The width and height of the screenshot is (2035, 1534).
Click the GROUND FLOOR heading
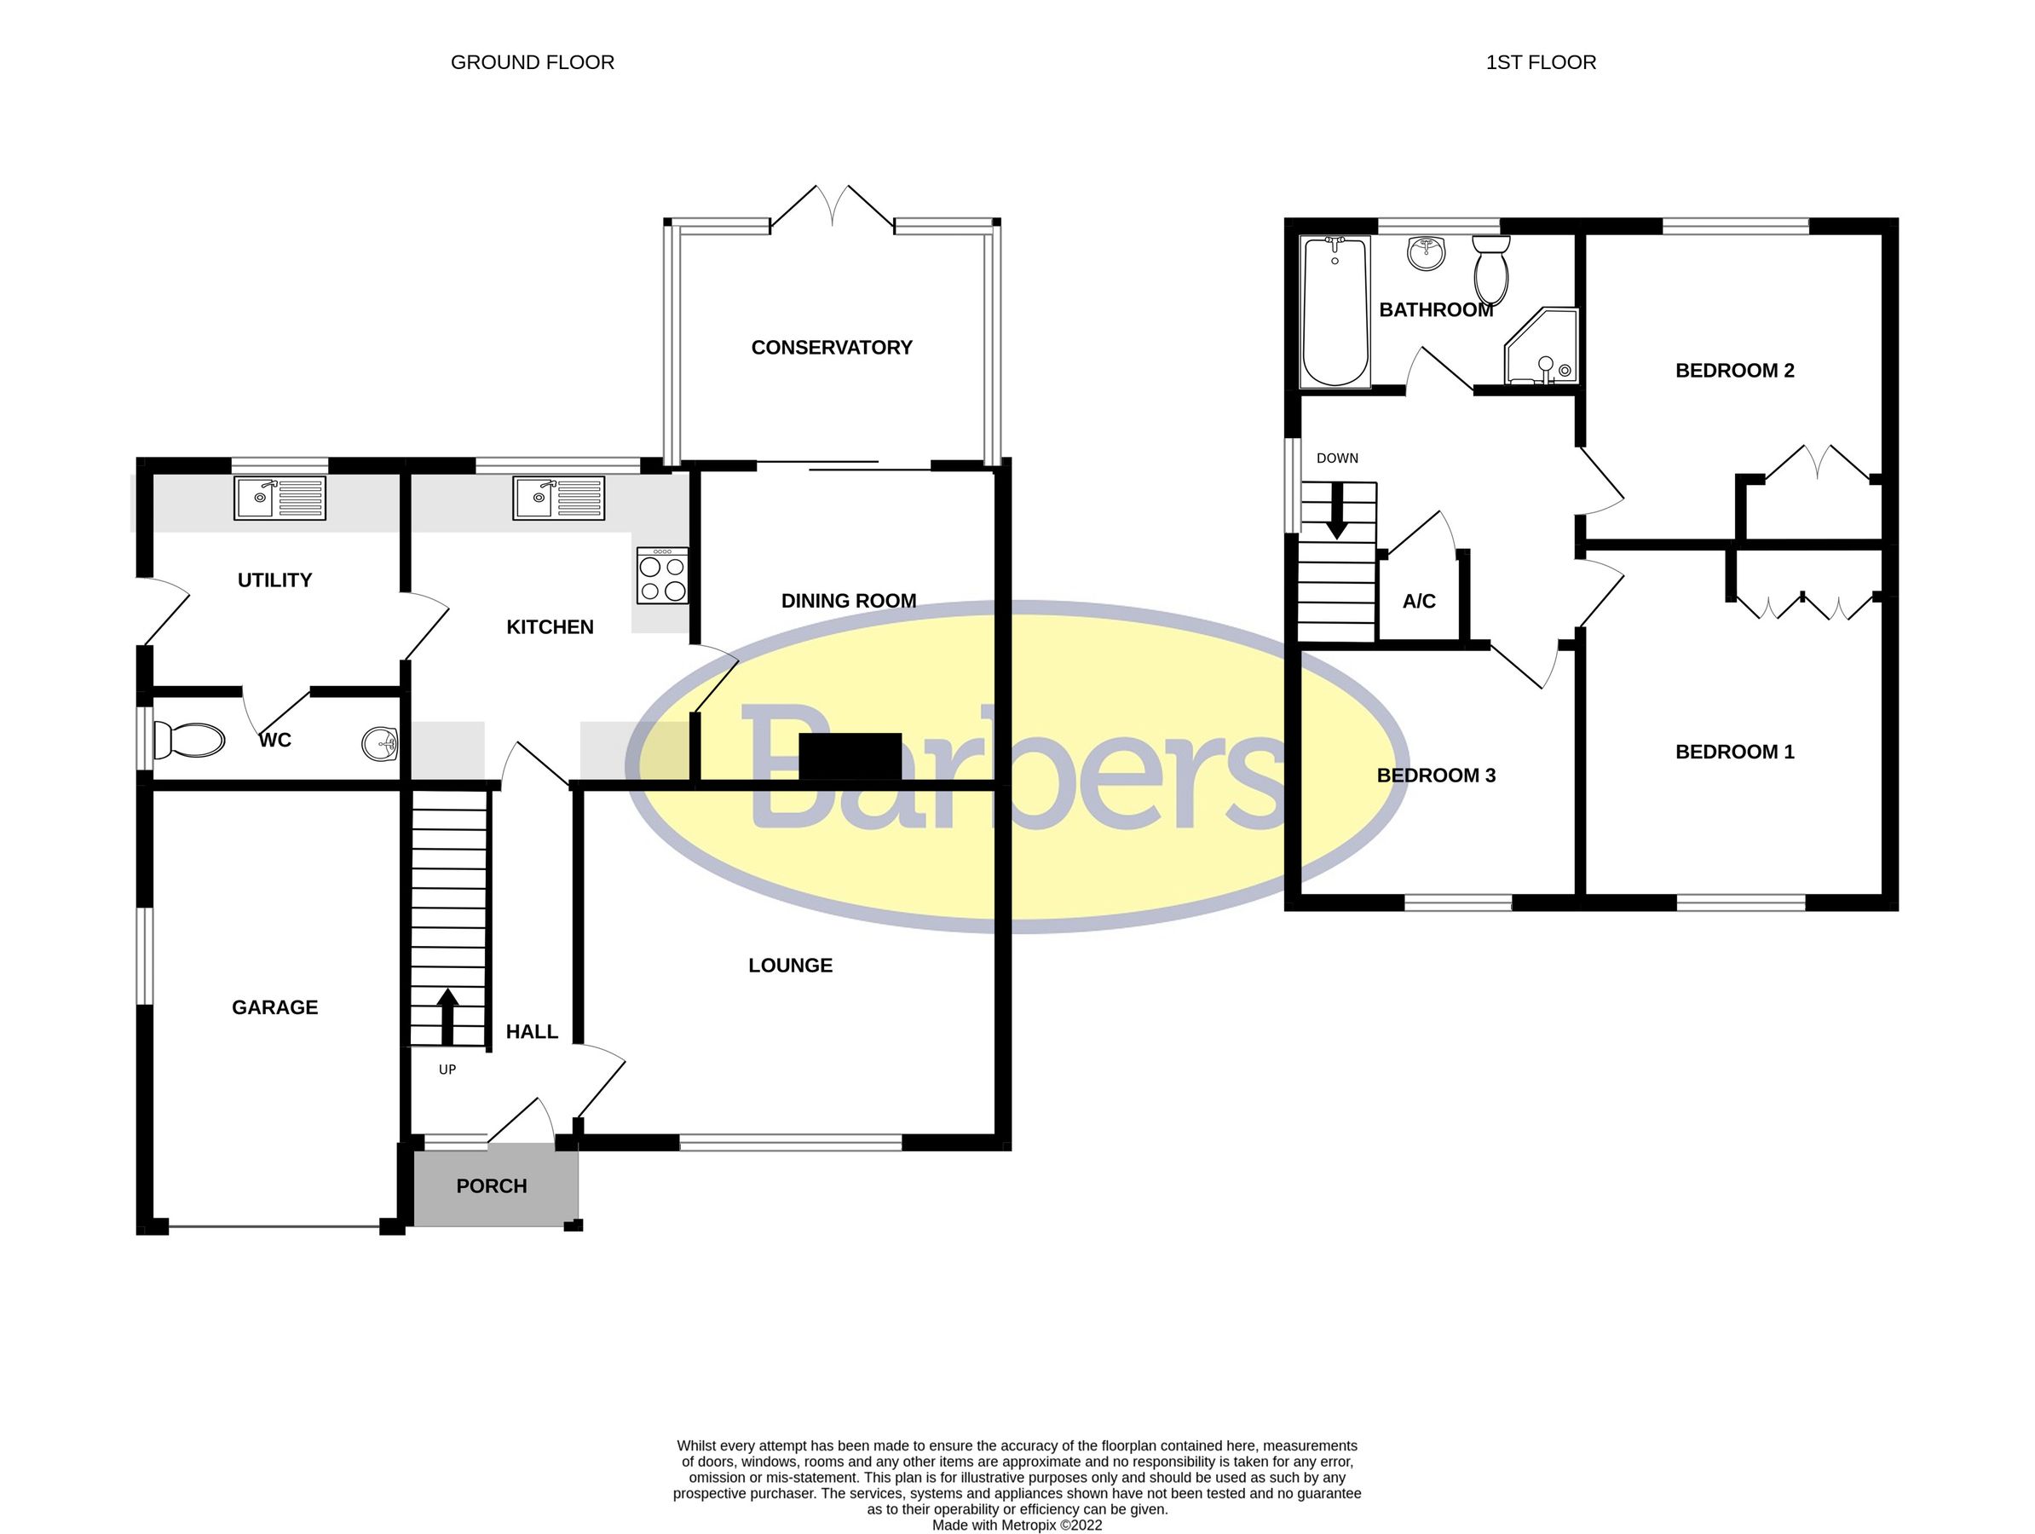[x=532, y=62]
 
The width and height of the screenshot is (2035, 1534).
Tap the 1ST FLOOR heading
[x=1540, y=62]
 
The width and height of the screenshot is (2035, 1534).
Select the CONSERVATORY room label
[x=831, y=347]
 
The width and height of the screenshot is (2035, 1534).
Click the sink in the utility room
[x=280, y=498]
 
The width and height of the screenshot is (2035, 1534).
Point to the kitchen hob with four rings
[x=662, y=576]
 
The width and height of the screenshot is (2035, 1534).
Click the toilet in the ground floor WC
[x=189, y=740]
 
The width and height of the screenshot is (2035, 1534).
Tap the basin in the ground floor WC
[x=379, y=742]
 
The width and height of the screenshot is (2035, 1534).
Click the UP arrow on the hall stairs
[x=447, y=1016]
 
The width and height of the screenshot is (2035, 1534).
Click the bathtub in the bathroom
[x=1335, y=311]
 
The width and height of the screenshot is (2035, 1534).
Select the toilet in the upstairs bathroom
[x=1490, y=268]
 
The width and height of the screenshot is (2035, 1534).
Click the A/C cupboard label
[x=1419, y=601]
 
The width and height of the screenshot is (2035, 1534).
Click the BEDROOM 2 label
[x=1734, y=370]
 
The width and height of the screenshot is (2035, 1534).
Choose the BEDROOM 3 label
[x=1435, y=775]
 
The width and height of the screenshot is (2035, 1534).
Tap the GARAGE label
[x=274, y=1006]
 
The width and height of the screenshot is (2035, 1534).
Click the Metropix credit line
[x=1017, y=1525]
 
